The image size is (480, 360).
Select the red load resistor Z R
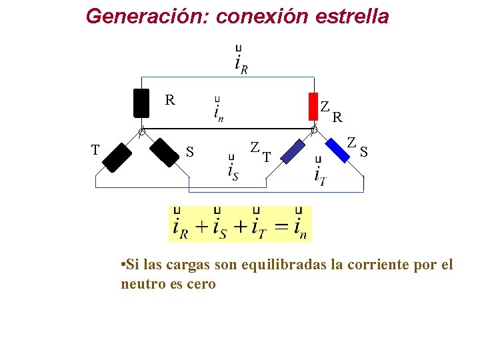[x=313, y=105]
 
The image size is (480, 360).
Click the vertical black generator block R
[x=141, y=103]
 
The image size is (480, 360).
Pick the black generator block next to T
[x=118, y=157]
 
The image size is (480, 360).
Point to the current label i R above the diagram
[x=241, y=60]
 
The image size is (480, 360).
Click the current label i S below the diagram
[x=233, y=170]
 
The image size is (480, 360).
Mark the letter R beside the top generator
[x=170, y=101]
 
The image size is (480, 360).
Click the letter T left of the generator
[x=95, y=150]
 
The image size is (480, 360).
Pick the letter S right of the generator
[x=190, y=153]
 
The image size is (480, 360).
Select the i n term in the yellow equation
[x=300, y=225]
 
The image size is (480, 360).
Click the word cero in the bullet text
[x=202, y=284]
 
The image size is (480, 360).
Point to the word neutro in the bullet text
[x=142, y=284]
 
